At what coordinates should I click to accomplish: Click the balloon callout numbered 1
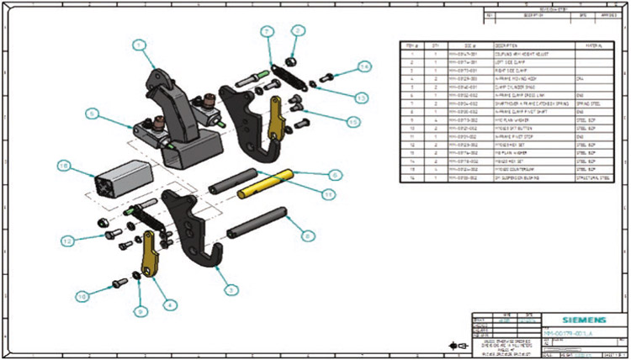[141, 45]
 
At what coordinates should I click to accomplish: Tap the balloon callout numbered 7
[266, 31]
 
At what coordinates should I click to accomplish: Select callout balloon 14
[364, 66]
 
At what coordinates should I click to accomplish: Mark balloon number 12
[66, 241]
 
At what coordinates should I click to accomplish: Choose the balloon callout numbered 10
[82, 295]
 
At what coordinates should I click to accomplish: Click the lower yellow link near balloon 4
[151, 253]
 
